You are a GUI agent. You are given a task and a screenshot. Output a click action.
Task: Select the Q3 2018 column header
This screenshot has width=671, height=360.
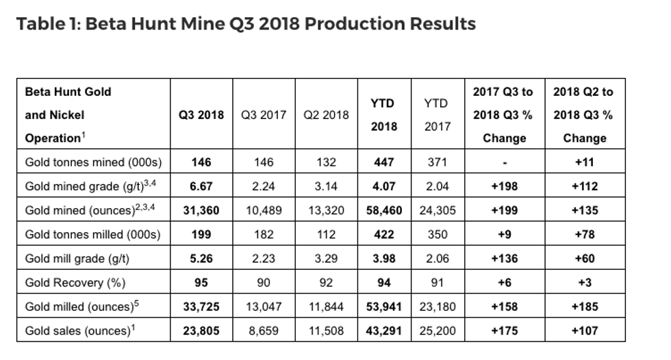coord(201,115)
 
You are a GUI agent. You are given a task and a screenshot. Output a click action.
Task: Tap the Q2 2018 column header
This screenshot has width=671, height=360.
coord(326,115)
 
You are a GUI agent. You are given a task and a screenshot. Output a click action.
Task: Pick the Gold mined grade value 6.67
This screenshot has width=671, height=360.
coord(201,186)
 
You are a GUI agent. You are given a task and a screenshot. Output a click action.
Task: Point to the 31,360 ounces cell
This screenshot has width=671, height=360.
coord(201,210)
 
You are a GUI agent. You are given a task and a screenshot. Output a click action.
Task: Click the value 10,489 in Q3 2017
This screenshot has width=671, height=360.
coord(264,210)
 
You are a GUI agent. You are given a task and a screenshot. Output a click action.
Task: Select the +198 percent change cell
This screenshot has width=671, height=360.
coord(503,186)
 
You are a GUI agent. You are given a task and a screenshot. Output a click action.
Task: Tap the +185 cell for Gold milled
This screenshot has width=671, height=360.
coord(585,306)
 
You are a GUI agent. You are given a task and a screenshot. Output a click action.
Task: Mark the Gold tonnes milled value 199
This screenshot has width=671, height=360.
coord(201,234)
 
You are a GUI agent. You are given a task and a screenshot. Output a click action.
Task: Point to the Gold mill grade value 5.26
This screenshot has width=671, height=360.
coord(201,258)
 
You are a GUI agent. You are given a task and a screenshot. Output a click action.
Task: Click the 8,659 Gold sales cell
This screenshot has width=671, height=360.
coord(264,330)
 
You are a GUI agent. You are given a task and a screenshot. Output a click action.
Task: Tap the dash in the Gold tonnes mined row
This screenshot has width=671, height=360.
coord(503,163)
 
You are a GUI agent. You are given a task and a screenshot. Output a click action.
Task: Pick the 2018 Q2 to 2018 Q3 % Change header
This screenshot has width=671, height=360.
coord(585,115)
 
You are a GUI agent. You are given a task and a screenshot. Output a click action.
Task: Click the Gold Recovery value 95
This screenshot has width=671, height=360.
coord(201,282)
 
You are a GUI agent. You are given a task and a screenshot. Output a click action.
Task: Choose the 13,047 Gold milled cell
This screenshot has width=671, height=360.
coord(264,306)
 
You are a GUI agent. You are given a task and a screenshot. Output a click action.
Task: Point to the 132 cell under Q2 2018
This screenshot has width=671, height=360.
coord(326,163)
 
